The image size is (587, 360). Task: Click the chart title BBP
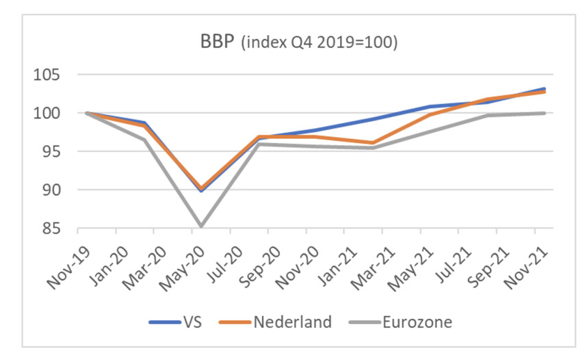214,42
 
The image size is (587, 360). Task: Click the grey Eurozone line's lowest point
200,226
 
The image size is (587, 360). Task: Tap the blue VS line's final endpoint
544,89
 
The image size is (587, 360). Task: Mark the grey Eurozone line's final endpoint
544,113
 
